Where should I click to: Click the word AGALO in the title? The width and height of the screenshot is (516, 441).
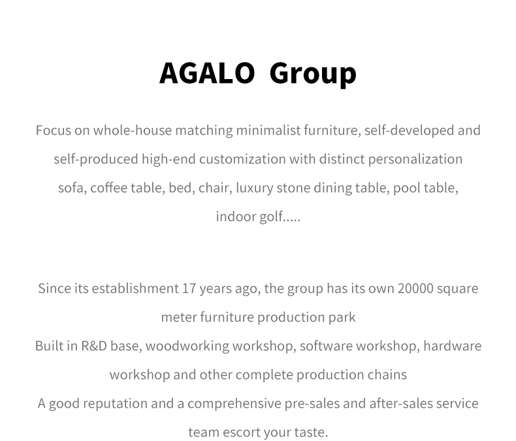point(207,73)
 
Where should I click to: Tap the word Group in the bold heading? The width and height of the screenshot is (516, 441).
point(313,74)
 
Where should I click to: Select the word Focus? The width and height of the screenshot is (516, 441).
point(54,130)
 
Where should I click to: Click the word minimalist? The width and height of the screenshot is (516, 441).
point(268,130)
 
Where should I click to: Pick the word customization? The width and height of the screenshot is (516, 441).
point(242,159)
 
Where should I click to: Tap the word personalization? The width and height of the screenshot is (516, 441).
point(415,159)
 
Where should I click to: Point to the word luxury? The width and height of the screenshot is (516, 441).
point(254,188)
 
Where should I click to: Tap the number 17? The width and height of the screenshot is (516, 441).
point(189,289)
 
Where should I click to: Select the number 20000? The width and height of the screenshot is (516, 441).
point(415,289)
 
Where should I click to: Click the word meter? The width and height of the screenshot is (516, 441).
point(179,318)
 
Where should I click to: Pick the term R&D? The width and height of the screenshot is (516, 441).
point(94,346)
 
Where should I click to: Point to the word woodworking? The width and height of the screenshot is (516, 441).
point(187,346)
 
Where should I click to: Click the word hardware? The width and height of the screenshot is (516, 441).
point(453,346)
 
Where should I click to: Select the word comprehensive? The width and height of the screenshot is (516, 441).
point(234,404)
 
